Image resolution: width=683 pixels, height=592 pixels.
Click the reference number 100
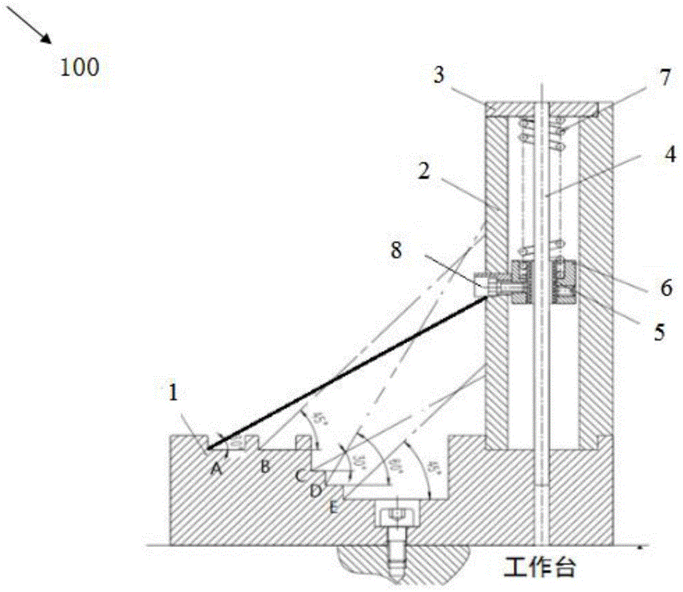tap(80, 67)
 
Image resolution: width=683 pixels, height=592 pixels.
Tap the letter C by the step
tap(301, 474)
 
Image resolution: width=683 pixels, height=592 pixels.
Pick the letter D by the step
tap(316, 490)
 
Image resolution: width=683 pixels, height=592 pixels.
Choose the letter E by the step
tap(333, 506)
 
